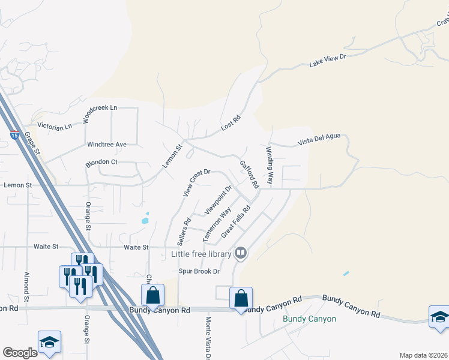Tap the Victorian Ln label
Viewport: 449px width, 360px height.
[x=55, y=126]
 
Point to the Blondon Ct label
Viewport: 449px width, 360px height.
[x=101, y=162]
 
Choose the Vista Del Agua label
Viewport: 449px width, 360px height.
[x=319, y=140]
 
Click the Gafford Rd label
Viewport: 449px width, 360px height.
[x=249, y=173]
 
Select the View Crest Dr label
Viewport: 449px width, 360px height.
[x=196, y=182]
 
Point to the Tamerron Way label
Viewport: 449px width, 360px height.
[x=217, y=224]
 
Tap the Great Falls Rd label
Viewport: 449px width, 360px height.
[x=235, y=224]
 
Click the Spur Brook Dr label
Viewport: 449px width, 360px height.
[x=199, y=271]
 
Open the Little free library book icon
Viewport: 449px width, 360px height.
[x=240, y=253]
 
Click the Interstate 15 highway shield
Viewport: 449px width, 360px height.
[x=14, y=134]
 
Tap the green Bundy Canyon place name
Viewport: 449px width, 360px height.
[x=309, y=319]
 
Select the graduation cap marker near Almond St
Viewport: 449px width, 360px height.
[x=49, y=343]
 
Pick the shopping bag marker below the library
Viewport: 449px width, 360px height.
[x=241, y=299]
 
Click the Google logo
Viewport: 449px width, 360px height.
[x=20, y=353]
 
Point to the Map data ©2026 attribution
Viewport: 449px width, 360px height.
[x=423, y=355]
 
